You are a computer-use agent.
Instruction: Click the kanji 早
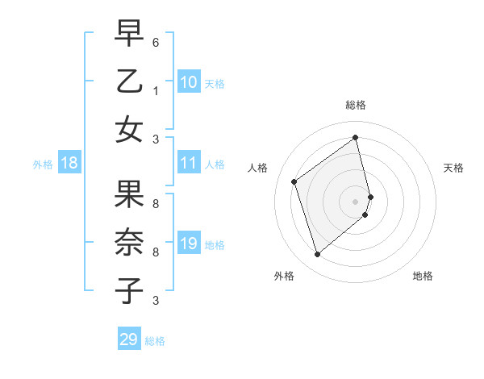click(129, 35)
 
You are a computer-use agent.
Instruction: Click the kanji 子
click(129, 291)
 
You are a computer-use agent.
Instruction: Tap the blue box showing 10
click(189, 81)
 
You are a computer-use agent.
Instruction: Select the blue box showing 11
click(189, 164)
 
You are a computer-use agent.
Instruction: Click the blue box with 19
click(189, 244)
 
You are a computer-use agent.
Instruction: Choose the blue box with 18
click(69, 164)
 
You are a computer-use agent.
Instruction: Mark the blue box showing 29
click(129, 339)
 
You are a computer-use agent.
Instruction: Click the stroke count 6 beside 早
click(156, 42)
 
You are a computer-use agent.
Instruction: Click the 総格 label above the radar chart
click(356, 105)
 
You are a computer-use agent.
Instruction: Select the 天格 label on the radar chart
click(453, 168)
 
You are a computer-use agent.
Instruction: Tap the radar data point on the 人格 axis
click(294, 181)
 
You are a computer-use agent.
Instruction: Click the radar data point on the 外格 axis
click(317, 255)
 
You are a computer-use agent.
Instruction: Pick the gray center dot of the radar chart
click(355, 201)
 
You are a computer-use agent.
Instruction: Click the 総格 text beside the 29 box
click(155, 341)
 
